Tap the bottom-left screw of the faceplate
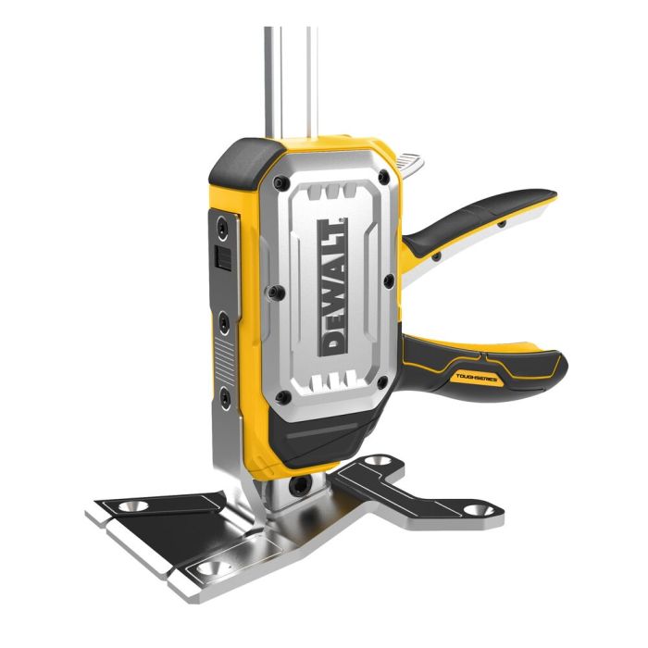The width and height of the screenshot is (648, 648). coord(283,396)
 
